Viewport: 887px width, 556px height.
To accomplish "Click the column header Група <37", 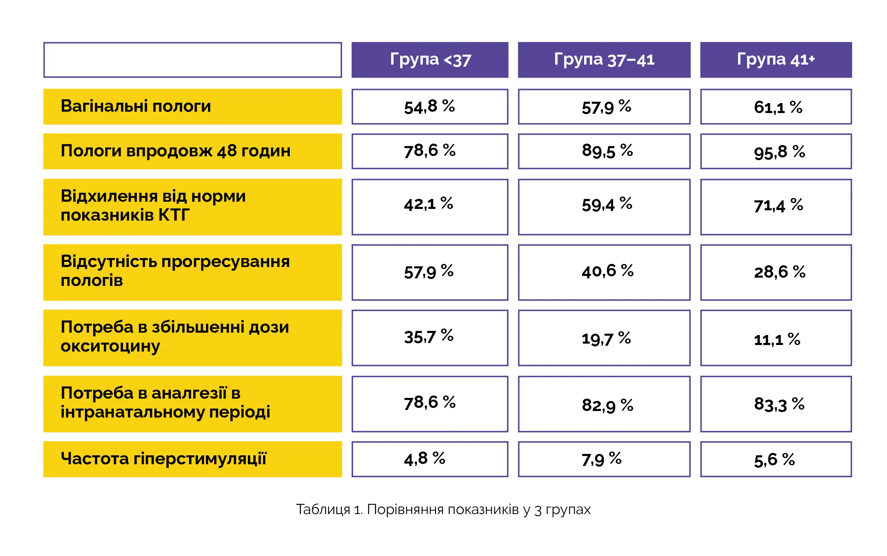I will (x=430, y=60).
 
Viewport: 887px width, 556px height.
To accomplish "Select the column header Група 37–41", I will (x=604, y=60).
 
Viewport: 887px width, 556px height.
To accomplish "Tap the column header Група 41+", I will (x=776, y=60).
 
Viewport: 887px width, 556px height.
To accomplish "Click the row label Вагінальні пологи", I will (x=136, y=106).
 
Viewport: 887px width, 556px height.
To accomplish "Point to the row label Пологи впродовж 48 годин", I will (x=175, y=151).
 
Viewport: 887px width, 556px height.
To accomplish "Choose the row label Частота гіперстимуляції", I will (x=163, y=459).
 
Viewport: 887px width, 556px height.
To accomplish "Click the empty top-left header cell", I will (x=193, y=60).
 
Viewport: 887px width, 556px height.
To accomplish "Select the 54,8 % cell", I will (x=430, y=107).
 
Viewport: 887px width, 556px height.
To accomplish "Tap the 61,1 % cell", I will (x=776, y=107).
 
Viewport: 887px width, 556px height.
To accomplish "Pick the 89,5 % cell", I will (x=604, y=151).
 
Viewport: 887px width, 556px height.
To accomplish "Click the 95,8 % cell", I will (x=776, y=151).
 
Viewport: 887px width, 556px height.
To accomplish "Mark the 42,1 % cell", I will (x=430, y=207).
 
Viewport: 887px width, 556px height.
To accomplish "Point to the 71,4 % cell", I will (x=776, y=207).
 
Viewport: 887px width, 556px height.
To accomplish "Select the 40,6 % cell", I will (x=604, y=272).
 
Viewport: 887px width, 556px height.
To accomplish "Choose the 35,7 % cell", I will (x=430, y=337).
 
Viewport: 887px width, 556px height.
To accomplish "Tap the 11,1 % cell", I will (x=776, y=337).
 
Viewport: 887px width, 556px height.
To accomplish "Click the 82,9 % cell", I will (x=604, y=404).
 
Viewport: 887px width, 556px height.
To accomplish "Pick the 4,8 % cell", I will (x=430, y=459).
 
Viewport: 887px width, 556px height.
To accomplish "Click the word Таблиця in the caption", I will (x=322, y=510).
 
